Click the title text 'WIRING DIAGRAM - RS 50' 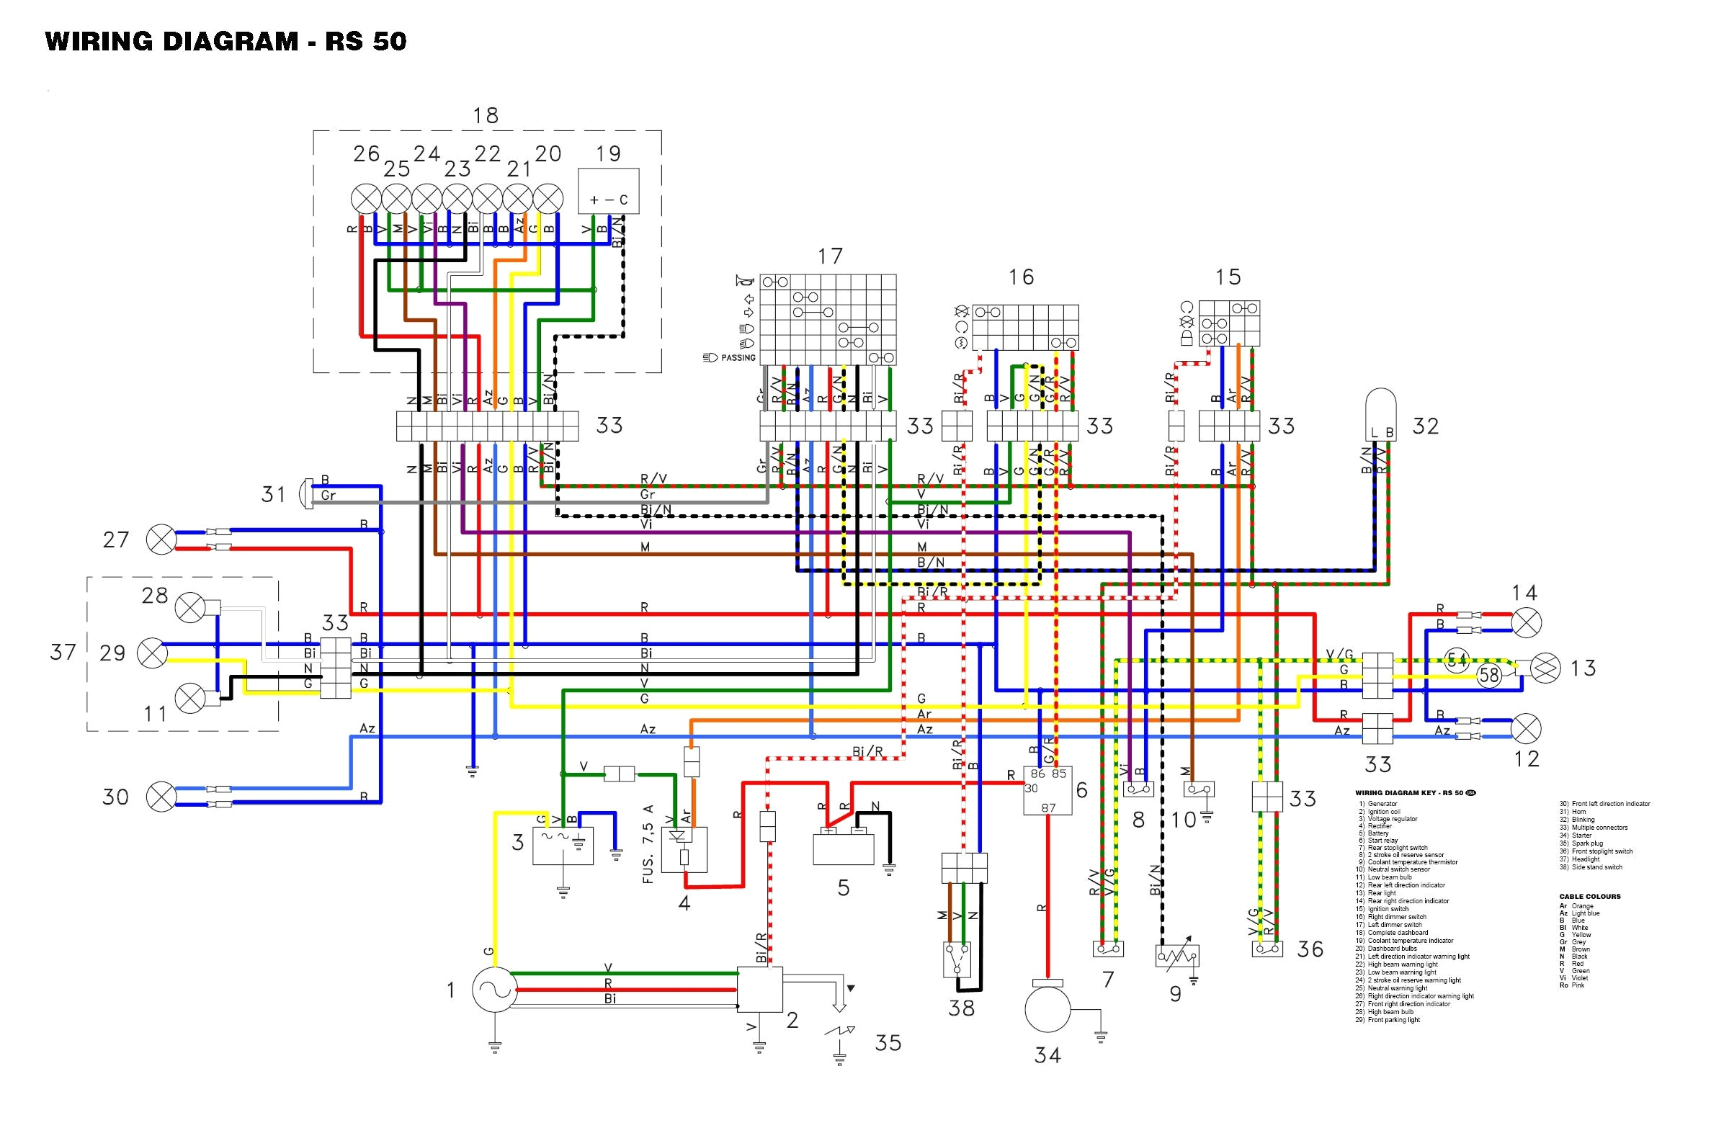[225, 41]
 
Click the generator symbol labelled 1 [494, 989]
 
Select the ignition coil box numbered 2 [759, 989]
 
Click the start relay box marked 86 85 [1047, 789]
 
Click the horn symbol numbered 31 [305, 493]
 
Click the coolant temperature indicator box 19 [608, 191]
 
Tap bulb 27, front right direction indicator [161, 539]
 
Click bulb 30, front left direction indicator [161, 797]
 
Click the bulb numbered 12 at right [1526, 727]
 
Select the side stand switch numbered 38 [958, 959]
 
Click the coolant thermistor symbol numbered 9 [1177, 957]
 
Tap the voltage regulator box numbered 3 [562, 846]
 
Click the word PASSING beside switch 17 [738, 358]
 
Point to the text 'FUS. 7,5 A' [648, 843]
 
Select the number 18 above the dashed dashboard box [486, 115]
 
